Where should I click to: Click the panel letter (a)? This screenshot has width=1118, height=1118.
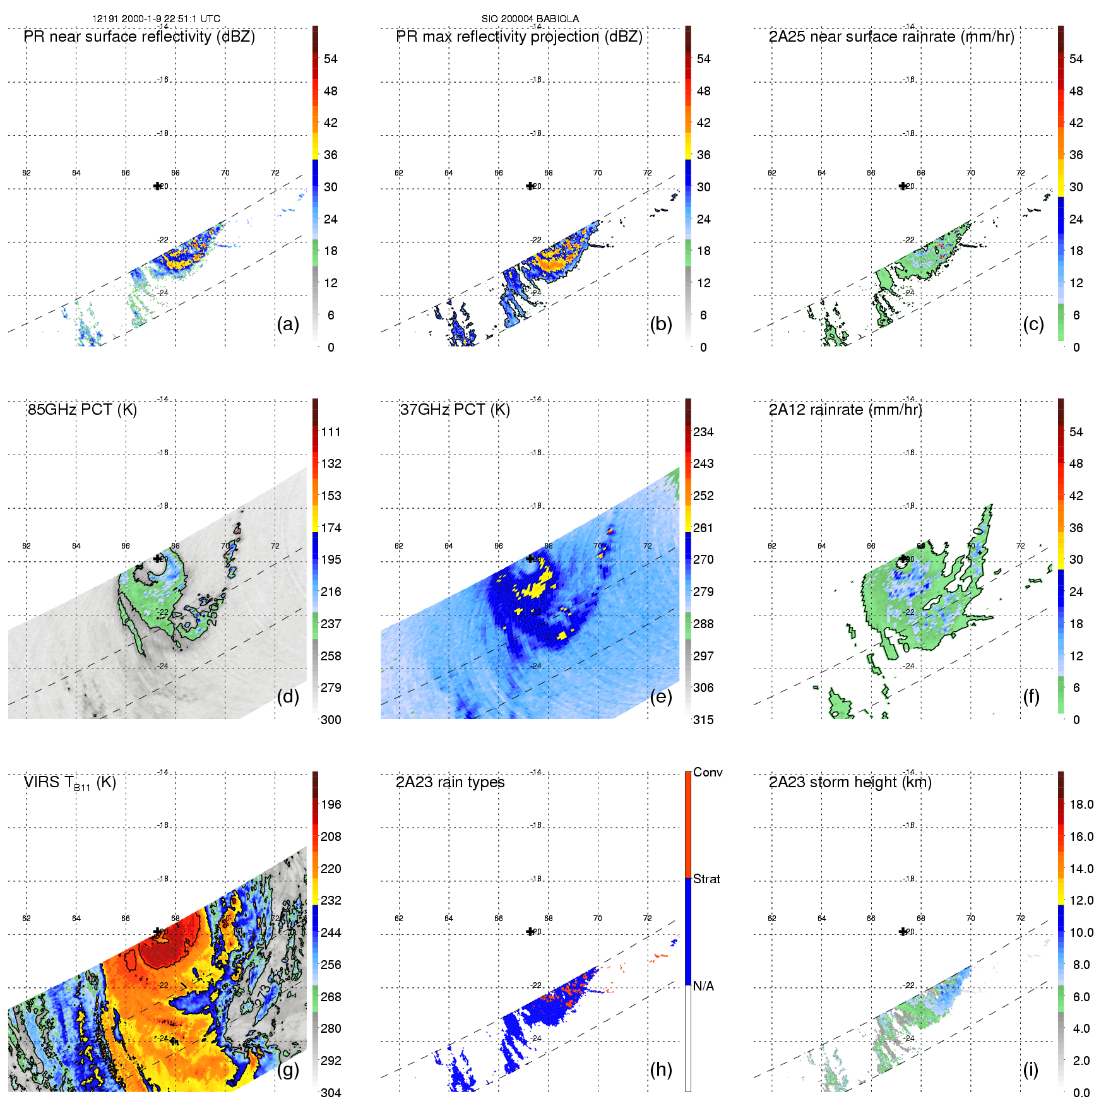(288, 324)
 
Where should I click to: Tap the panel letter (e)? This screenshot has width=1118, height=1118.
(661, 697)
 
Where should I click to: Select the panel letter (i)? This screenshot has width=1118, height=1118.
(1030, 1069)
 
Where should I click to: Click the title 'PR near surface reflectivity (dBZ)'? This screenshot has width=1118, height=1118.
(140, 37)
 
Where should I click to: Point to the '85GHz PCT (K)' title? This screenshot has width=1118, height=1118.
(82, 410)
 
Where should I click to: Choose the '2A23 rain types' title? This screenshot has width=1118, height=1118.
(450, 782)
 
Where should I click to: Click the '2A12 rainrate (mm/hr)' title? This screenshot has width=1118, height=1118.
(845, 410)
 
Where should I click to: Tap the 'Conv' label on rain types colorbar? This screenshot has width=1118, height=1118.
(708, 772)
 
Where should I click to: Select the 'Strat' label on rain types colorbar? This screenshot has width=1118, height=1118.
(706, 879)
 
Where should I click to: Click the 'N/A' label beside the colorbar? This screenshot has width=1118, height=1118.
(703, 986)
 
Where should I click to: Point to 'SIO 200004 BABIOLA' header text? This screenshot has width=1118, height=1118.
(530, 19)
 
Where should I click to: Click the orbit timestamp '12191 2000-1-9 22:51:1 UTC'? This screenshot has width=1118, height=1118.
(157, 19)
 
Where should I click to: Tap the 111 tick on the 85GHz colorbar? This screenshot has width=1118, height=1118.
(331, 432)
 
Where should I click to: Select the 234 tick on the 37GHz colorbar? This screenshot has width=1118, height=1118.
(703, 432)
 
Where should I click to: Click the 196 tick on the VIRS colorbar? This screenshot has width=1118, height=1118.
(331, 804)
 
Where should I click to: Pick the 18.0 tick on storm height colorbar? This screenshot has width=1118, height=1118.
(1081, 804)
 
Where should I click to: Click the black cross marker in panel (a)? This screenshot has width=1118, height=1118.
(157, 186)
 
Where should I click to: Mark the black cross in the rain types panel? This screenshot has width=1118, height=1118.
(530, 932)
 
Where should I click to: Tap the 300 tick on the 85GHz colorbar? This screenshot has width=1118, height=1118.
(331, 720)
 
